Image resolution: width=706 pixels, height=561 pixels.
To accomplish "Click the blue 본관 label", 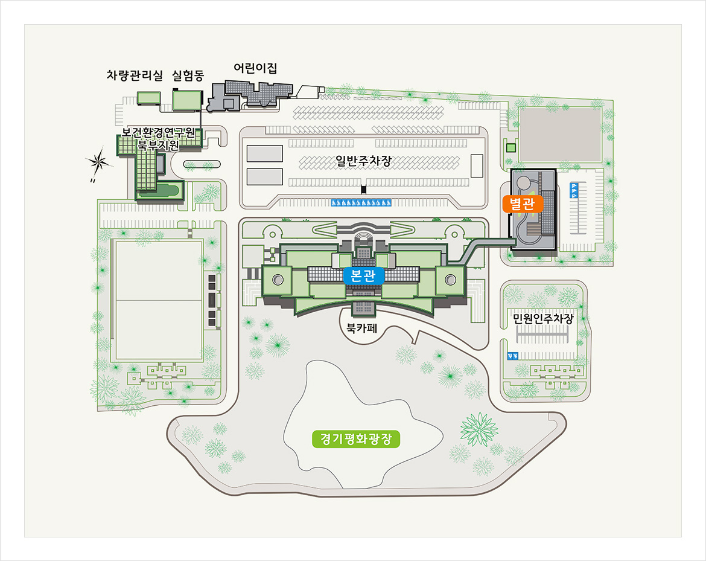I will pos(363,276).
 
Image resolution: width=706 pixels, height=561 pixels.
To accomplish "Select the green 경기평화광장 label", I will pos(356,438).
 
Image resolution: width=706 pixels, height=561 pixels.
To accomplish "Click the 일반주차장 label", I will pos(364,161).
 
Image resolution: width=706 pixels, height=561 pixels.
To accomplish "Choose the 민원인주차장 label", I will pos(542,318).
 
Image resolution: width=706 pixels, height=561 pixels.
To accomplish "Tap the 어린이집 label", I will pos(255,68).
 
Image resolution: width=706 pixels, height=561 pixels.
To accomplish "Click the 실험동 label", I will pos(188,75).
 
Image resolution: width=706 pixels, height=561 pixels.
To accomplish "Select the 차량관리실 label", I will pos(135,75).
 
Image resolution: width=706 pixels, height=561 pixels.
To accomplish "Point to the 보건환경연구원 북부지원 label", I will pos(158,139).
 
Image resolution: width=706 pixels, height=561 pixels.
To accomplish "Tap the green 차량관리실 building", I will pos(148,98).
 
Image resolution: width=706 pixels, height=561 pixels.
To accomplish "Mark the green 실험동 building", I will pos(186,100).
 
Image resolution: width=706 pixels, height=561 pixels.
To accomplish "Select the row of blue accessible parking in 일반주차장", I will pos(362,202).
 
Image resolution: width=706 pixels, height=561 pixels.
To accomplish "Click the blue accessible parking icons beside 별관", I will pos(573,191).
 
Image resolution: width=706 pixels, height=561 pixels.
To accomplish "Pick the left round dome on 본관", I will pos(278,280).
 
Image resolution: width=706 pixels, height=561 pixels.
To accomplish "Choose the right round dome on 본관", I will pos(450,279).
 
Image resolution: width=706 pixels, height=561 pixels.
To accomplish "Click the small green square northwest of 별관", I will pos(511,148).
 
